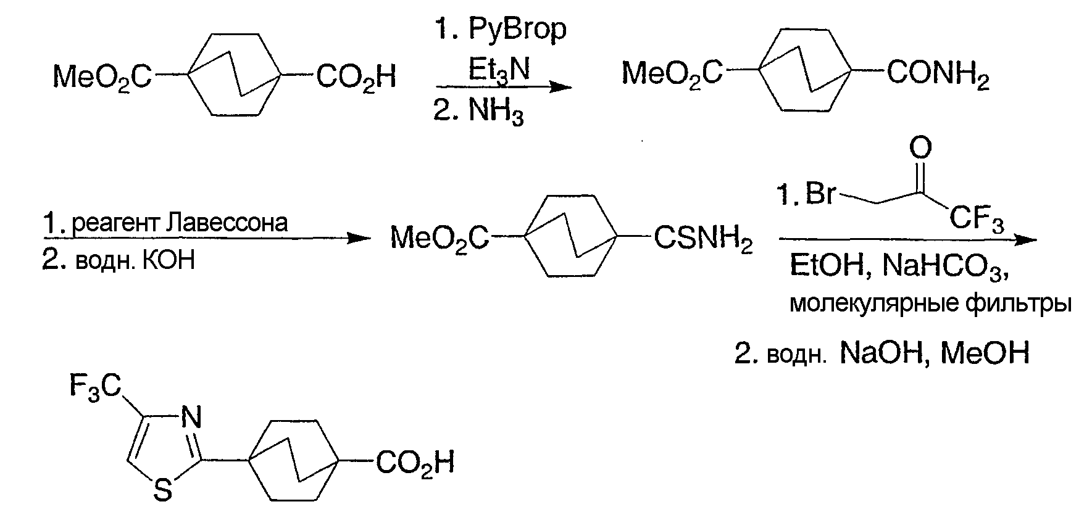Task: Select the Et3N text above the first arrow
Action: click(499, 70)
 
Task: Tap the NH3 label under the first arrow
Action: click(496, 113)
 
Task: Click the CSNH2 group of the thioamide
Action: click(703, 239)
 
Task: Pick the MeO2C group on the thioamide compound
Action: click(441, 239)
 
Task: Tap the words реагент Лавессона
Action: click(180, 222)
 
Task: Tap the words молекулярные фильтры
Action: click(930, 305)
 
